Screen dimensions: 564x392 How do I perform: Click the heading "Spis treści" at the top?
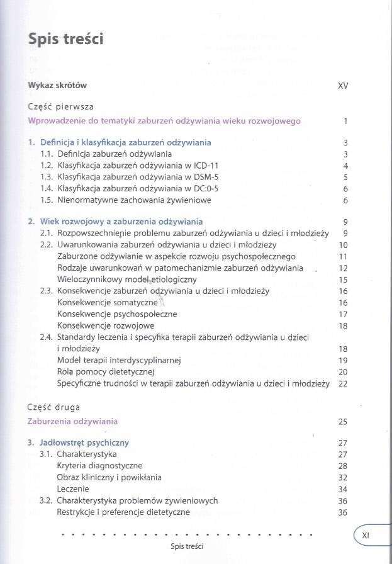pyautogui.click(x=66, y=38)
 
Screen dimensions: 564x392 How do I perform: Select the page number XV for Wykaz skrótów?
pyautogui.click(x=343, y=85)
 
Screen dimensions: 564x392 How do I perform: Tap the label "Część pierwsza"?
pyautogui.click(x=61, y=106)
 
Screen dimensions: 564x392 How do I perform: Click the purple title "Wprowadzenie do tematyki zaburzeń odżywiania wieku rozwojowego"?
pyautogui.click(x=164, y=121)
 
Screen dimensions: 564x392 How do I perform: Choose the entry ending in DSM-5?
pyautogui.click(x=130, y=178)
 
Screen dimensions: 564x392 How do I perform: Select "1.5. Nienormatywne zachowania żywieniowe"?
pyautogui.click(x=125, y=200)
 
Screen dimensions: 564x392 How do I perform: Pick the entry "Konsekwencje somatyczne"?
pyautogui.click(x=107, y=303)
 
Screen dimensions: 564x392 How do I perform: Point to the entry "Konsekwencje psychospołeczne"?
pyautogui.click(x=117, y=314)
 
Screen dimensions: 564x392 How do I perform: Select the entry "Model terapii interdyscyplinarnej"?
pyautogui.click(x=119, y=360)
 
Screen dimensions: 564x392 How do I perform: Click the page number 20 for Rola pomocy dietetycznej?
pyautogui.click(x=343, y=372)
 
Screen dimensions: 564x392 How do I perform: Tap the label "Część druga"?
pyautogui.click(x=54, y=407)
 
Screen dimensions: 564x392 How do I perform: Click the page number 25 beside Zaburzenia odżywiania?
pyautogui.click(x=343, y=422)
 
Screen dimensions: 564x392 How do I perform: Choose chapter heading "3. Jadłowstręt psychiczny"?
pyautogui.click(x=79, y=443)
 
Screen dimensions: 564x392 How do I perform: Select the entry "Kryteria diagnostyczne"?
pyautogui.click(x=100, y=466)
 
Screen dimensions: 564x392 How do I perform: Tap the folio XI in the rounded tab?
pyautogui.click(x=366, y=534)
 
